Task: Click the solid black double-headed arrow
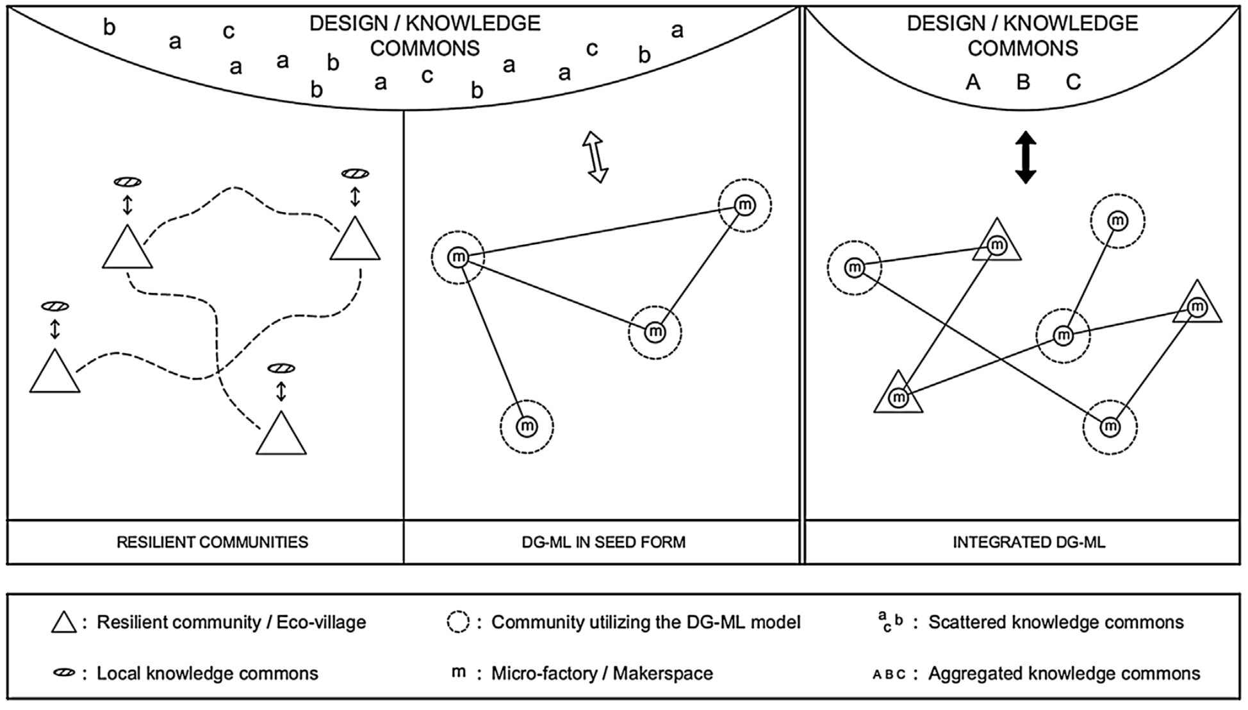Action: [x=1026, y=158]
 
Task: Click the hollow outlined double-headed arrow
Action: [x=595, y=157]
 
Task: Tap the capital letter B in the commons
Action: [x=1023, y=82]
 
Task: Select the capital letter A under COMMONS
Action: [x=973, y=82]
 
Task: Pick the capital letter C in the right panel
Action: [x=1073, y=82]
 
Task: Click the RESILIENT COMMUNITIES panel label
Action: [x=212, y=542]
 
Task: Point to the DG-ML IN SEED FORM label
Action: [x=603, y=542]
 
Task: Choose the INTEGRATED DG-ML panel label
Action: [x=1029, y=542]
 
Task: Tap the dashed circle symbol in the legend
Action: [x=458, y=622]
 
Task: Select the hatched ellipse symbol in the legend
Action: [x=64, y=673]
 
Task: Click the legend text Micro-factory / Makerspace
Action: [x=602, y=673]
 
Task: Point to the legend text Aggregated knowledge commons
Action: [x=1064, y=673]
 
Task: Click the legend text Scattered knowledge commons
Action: [x=1056, y=622]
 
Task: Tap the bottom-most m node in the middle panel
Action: [x=527, y=426]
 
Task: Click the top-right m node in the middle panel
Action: [x=744, y=205]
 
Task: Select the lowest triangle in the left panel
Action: [x=281, y=436]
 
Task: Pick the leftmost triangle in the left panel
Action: [x=55, y=374]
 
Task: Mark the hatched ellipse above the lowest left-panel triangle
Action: [x=281, y=368]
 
